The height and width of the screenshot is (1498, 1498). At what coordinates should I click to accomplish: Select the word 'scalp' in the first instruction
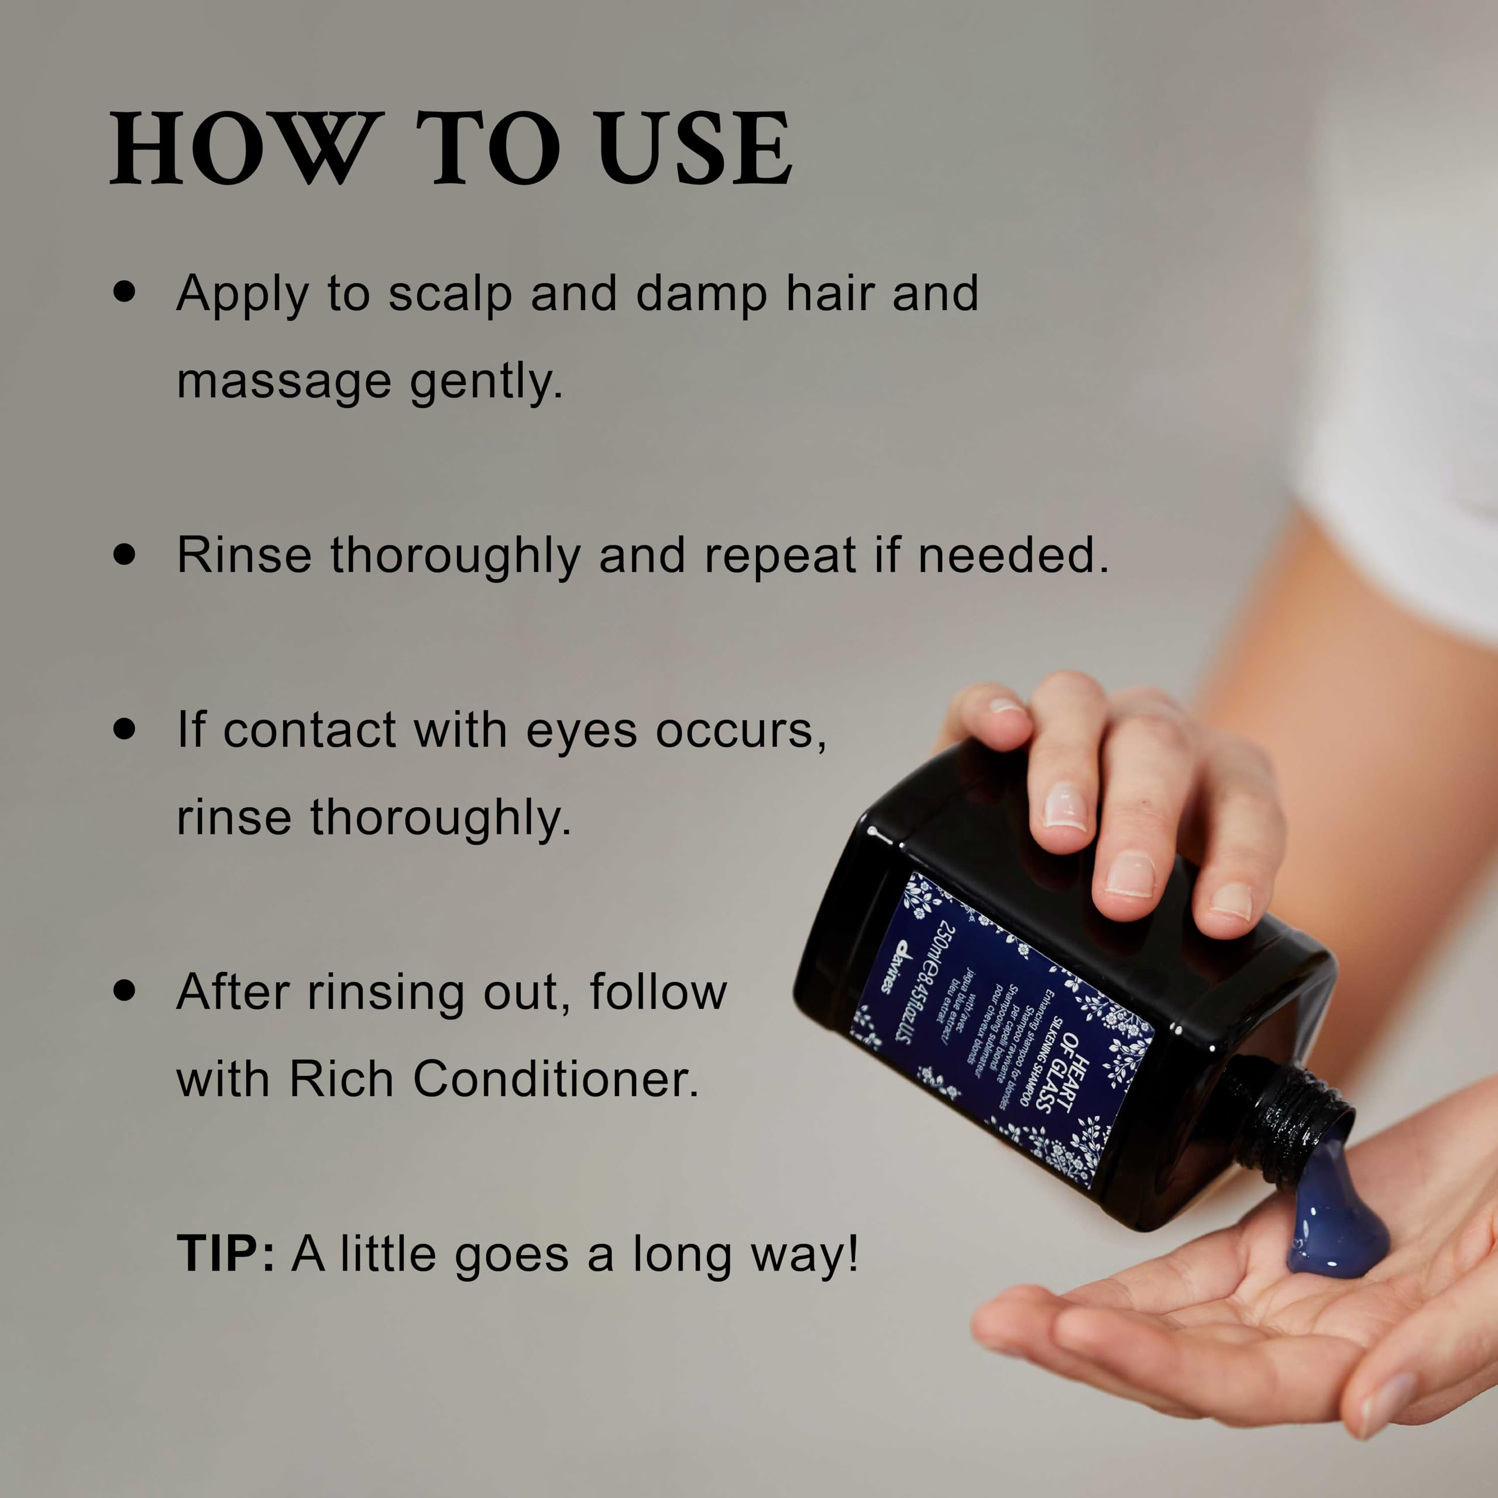[450, 296]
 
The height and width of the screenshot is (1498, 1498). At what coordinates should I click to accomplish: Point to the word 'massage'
[284, 382]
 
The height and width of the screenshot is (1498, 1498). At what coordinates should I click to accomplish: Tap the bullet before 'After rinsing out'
[124, 990]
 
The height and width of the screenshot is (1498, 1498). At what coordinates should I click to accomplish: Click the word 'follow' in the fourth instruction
[658, 992]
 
